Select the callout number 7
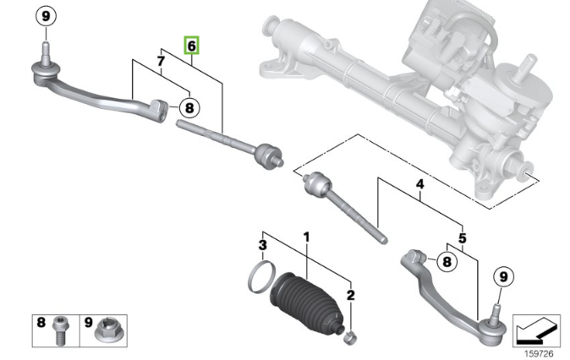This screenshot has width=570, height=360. (x=160, y=60)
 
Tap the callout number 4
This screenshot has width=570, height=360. (x=420, y=183)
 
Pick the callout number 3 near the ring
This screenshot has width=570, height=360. (x=263, y=245)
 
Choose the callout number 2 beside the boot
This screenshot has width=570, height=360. (x=351, y=294)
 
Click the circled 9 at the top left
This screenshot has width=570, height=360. (x=47, y=16)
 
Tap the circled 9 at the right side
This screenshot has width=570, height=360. (x=501, y=275)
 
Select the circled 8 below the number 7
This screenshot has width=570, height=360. (x=189, y=107)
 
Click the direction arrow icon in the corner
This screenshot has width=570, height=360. (x=535, y=325)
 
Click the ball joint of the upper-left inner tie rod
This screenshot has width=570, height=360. (x=270, y=155)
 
